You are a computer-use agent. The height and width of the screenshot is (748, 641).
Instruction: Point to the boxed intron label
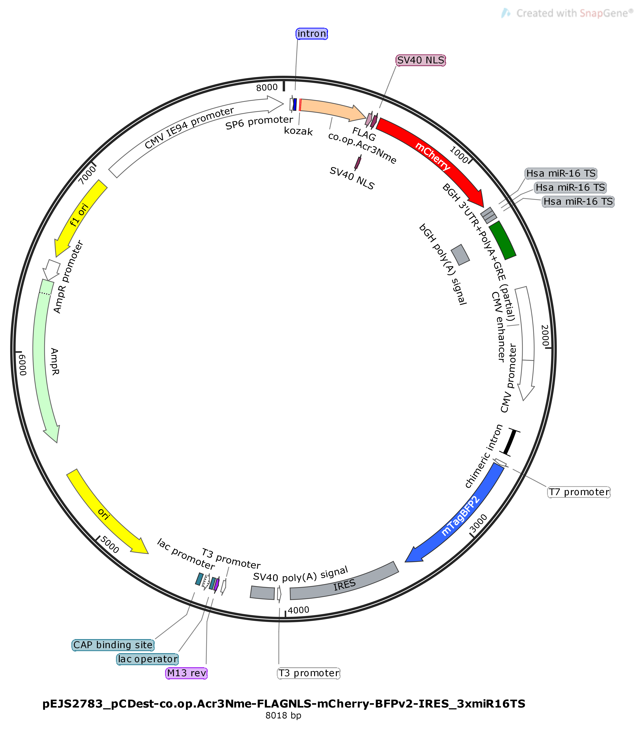point(312,34)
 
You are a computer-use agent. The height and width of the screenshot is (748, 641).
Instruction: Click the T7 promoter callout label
point(579,492)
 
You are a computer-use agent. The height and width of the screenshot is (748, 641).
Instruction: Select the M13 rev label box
point(187,673)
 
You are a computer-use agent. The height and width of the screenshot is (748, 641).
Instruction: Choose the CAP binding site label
point(113,645)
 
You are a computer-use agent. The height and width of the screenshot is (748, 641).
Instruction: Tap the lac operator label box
point(148,659)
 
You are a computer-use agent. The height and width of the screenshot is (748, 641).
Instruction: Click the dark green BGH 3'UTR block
point(502,240)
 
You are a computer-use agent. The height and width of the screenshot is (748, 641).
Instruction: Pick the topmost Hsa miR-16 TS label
point(561,173)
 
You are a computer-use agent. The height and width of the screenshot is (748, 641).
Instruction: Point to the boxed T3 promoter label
point(309,673)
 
